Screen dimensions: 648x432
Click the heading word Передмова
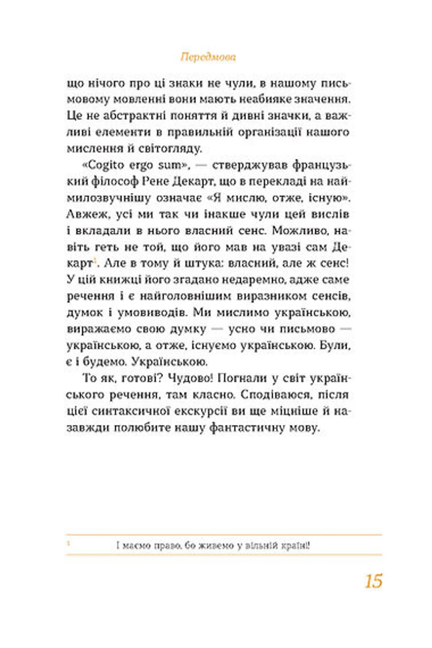[x=208, y=57]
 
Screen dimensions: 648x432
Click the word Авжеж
[x=85, y=215]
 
